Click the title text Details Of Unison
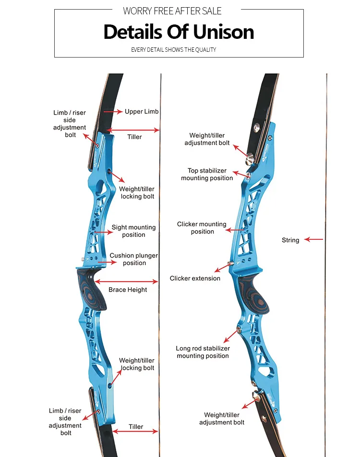(179, 32)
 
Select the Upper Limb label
(142, 111)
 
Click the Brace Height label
(128, 290)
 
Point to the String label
(290, 240)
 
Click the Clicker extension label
(195, 278)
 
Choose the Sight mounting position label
(133, 231)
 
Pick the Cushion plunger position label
(134, 259)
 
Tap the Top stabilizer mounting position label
(207, 174)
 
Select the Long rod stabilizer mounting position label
(203, 352)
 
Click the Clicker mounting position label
(202, 228)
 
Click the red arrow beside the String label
(314, 239)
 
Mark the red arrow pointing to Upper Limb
(112, 111)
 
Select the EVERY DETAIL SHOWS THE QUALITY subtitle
(174, 49)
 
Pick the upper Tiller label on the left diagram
(134, 137)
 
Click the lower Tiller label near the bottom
(136, 426)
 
